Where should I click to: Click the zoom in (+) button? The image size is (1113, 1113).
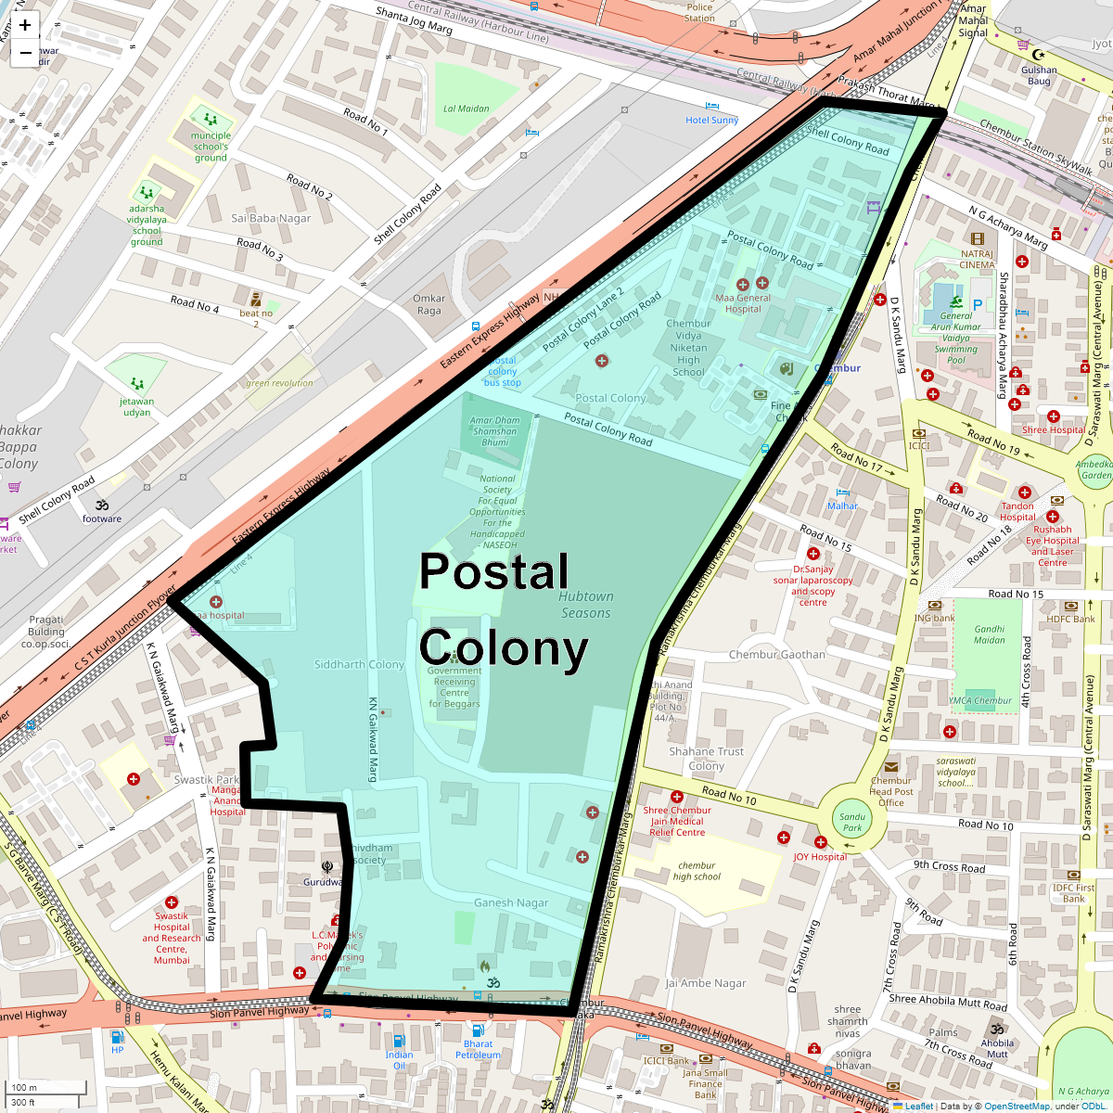25,25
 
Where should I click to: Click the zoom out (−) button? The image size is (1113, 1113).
25,53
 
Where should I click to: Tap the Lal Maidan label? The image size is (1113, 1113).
466,109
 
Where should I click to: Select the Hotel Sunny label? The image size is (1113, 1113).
711,121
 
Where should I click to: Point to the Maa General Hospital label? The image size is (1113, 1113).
743,303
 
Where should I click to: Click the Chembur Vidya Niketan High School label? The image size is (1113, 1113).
688,348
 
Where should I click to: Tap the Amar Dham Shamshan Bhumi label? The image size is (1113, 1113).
495,431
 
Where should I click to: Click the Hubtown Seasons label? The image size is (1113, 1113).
586,605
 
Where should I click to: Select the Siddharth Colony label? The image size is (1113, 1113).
359,665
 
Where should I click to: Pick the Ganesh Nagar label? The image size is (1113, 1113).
511,902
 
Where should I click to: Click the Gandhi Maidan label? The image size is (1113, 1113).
989,634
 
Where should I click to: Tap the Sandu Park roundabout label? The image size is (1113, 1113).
852,822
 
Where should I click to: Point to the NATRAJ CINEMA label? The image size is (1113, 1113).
977,259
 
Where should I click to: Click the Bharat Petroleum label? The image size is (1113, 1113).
478,1049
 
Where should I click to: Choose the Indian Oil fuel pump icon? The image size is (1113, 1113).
399,1041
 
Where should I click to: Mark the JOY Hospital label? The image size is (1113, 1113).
820,857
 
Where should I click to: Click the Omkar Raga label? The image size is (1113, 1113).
429,304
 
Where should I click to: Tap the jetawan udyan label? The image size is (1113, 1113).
136,407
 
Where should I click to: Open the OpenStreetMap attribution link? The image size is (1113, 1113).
1017,1106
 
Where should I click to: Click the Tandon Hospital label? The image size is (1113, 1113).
1017,512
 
